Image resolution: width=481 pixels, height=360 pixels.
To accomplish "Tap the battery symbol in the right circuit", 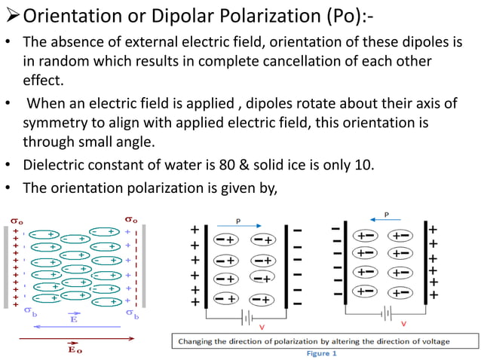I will click(x=388, y=312).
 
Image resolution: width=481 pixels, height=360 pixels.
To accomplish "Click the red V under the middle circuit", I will click(x=261, y=327).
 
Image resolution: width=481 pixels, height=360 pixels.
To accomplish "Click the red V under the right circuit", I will click(x=404, y=323).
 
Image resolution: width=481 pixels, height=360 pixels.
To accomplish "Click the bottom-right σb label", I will click(x=132, y=312).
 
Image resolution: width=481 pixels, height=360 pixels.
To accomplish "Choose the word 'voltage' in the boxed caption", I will click(x=430, y=341).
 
